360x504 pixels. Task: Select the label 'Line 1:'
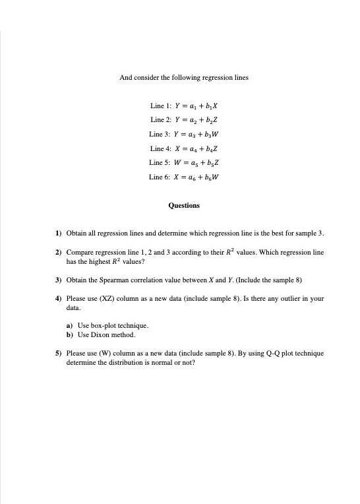[x=160, y=106]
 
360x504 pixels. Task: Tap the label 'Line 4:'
[x=160, y=148]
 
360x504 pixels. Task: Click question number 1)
[x=58, y=234]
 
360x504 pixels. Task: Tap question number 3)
[x=58, y=280]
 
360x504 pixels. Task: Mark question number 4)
[x=58, y=298]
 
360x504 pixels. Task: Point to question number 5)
[x=58, y=354]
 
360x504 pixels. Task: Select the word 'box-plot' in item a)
[x=103, y=326]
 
